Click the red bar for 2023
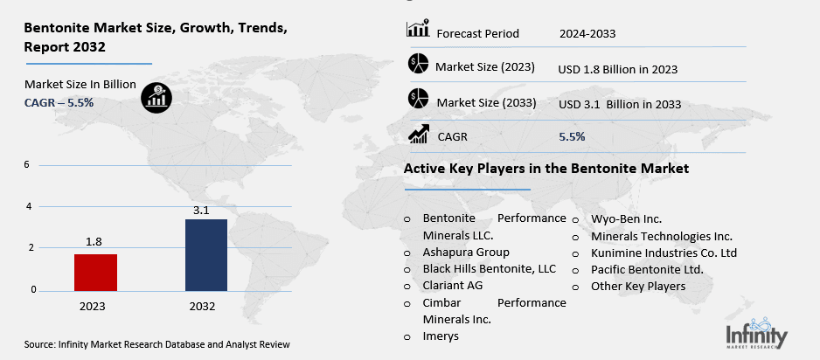pos(95,272)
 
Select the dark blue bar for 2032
pos(206,254)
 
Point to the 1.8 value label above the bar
pos(95,242)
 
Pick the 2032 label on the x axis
pos(206,307)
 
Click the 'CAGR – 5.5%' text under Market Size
pos(59,102)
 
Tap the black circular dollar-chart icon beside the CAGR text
pos(157,96)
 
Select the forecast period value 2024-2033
pos(587,34)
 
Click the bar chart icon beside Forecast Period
pos(418,30)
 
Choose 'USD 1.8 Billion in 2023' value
pos(618,69)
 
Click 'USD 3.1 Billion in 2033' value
pos(620,105)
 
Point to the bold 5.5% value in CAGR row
pos(572,136)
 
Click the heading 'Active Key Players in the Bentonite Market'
pos(546,168)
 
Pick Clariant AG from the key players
pos(452,285)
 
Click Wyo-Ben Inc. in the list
pos(626,218)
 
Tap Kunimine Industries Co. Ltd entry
pos(664,253)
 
